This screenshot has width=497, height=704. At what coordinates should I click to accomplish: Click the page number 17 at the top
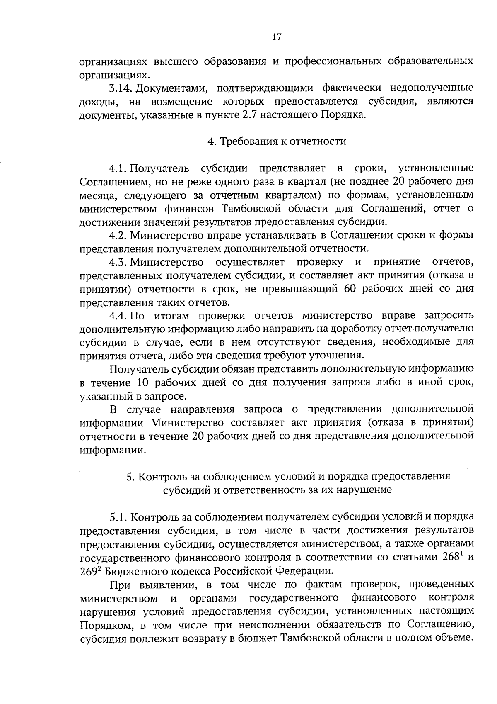click(277, 37)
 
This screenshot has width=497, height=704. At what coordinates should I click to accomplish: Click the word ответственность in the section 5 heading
click(265, 490)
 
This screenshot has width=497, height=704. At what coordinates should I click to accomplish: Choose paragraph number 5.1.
click(118, 517)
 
